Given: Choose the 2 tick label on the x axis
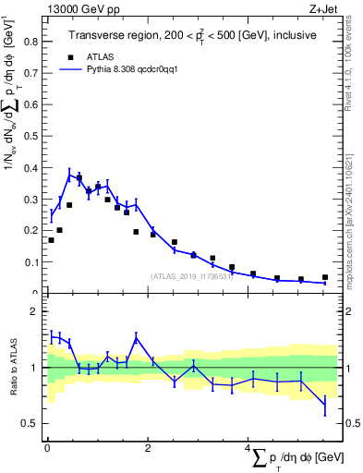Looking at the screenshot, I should [x=147, y=448].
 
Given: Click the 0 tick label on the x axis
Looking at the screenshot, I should [x=47, y=448].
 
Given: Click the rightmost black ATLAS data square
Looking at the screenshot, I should [x=324, y=277].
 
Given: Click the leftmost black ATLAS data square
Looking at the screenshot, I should [x=51, y=240].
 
